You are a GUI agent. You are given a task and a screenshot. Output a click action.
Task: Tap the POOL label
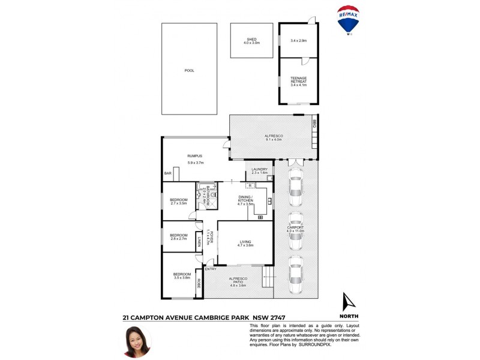click(x=189, y=71)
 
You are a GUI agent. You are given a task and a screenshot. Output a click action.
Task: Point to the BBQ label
click(x=314, y=124)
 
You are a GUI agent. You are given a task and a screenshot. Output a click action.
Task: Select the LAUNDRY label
click(x=259, y=170)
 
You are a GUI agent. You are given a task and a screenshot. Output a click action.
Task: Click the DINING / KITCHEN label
click(x=245, y=199)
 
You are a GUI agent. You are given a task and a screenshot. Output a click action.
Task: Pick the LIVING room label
click(x=245, y=242)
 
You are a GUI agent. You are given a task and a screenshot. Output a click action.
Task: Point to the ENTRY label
click(x=211, y=269)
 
